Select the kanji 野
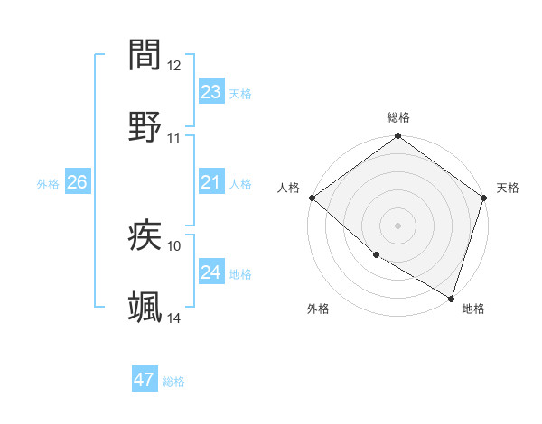coord(145,125)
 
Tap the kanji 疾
coord(145,236)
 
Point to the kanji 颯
coord(145,308)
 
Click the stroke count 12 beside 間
coord(174,66)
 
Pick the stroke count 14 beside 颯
coord(174,318)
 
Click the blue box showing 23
coord(211,91)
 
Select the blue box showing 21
coord(211,182)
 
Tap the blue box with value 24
coord(211,272)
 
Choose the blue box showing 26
coord(77,182)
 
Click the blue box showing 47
coord(145,380)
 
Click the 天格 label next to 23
coord(240,93)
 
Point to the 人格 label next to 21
coord(240,184)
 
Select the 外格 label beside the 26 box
coord(48,184)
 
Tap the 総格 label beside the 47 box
coord(173,382)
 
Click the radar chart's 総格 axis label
coord(398,117)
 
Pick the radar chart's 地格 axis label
coord(473,309)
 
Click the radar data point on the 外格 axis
coord(375,256)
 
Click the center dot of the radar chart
coord(398,226)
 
